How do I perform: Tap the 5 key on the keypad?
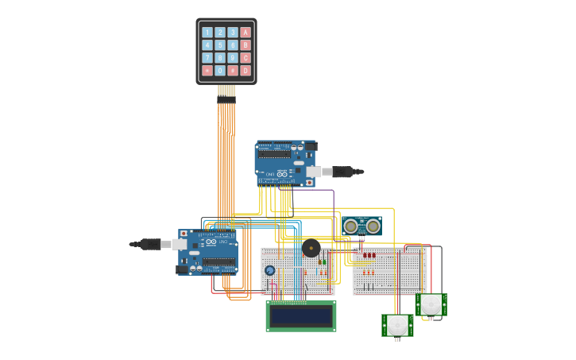[220, 45]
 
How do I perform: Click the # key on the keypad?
[233, 71]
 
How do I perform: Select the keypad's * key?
[207, 71]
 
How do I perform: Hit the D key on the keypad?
[245, 71]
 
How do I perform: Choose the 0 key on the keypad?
[220, 71]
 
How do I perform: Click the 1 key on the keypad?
[207, 33]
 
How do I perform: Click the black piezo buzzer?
[311, 248]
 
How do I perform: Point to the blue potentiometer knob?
[270, 270]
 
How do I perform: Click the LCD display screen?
[300, 316]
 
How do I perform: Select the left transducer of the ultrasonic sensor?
[350, 226]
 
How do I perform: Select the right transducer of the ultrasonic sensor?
[373, 226]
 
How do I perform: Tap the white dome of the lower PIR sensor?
[397, 324]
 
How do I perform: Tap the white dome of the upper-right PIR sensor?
[431, 304]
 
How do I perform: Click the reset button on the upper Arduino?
[309, 183]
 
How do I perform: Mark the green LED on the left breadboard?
[324, 261]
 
